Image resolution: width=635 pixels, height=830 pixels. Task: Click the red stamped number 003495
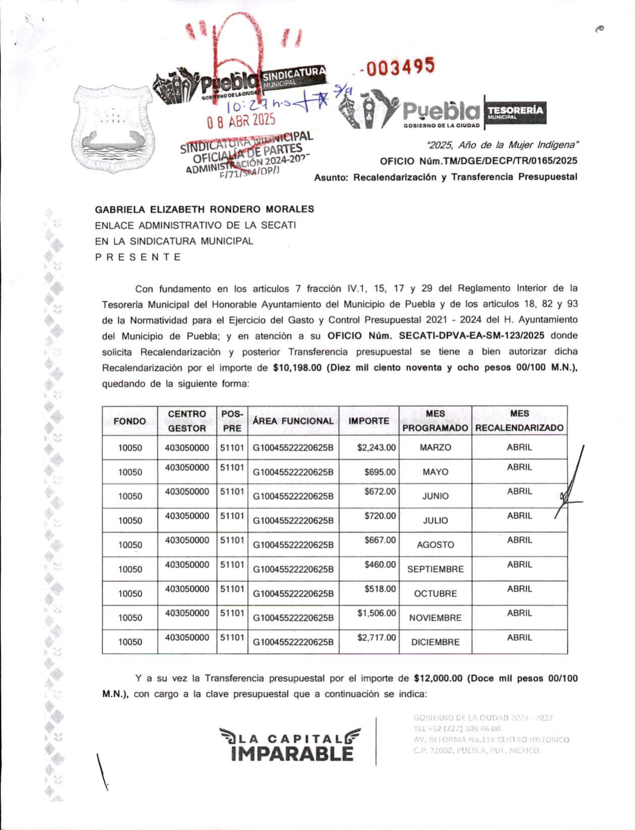point(400,66)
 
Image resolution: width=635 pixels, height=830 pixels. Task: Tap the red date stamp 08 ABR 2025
point(241,120)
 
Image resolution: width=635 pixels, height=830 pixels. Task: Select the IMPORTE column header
point(369,421)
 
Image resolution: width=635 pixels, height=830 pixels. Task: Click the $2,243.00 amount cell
point(376,447)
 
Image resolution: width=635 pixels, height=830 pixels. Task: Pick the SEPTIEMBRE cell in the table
point(435,569)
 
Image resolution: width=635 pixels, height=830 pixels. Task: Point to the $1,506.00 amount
point(376,613)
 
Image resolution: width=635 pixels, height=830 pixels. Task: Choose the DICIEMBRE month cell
point(435,642)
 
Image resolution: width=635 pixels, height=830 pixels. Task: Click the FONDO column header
point(130,421)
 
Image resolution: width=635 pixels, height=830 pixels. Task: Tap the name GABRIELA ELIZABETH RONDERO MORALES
point(205,209)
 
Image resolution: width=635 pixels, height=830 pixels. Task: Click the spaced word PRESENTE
point(138,257)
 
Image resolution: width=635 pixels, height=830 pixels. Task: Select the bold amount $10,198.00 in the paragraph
point(297,368)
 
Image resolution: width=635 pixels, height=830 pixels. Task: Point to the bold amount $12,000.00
point(437,678)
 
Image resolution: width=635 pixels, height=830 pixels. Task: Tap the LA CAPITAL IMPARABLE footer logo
point(291,745)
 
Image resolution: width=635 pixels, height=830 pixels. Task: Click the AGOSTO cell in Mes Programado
point(435,545)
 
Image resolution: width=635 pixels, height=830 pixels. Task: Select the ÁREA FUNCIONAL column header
point(293,421)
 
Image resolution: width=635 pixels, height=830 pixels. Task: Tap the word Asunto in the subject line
point(330,177)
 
